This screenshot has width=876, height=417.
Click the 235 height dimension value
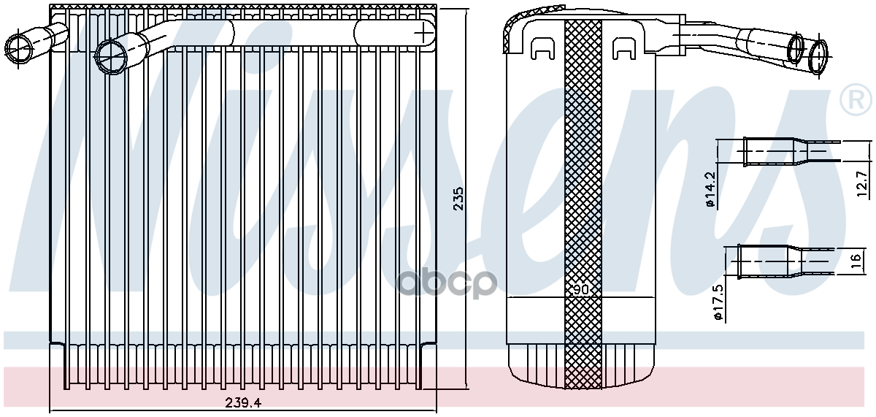(x=458, y=199)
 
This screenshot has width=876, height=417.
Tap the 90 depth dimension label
(x=581, y=289)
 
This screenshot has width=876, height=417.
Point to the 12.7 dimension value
(x=862, y=184)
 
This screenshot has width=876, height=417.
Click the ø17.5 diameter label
(x=718, y=307)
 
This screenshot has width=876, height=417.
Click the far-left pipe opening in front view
(x=18, y=47)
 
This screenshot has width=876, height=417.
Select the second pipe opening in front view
(x=112, y=56)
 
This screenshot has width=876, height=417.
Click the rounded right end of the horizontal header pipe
(x=423, y=31)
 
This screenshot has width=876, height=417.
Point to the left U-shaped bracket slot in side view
(x=542, y=48)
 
